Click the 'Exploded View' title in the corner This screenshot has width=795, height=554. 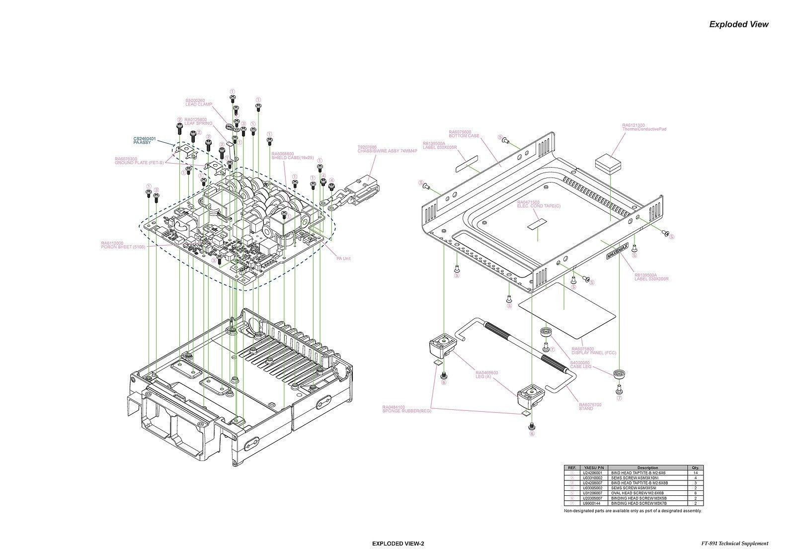738,24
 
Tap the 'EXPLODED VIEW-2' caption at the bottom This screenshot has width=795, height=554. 397,544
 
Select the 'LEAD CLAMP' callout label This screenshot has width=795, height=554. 199,104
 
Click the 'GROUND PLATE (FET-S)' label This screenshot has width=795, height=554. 139,163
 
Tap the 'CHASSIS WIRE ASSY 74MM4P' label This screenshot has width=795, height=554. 387,150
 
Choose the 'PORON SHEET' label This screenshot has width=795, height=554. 123,247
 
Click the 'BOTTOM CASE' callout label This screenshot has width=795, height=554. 464,136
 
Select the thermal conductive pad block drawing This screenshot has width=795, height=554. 609,163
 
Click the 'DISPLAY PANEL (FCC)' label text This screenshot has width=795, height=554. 594,353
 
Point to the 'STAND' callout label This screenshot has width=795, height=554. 590,409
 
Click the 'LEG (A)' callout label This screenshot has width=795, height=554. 486,376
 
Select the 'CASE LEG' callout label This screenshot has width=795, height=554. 580,367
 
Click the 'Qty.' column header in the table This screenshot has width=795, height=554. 695,467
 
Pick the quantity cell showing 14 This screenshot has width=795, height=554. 695,473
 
